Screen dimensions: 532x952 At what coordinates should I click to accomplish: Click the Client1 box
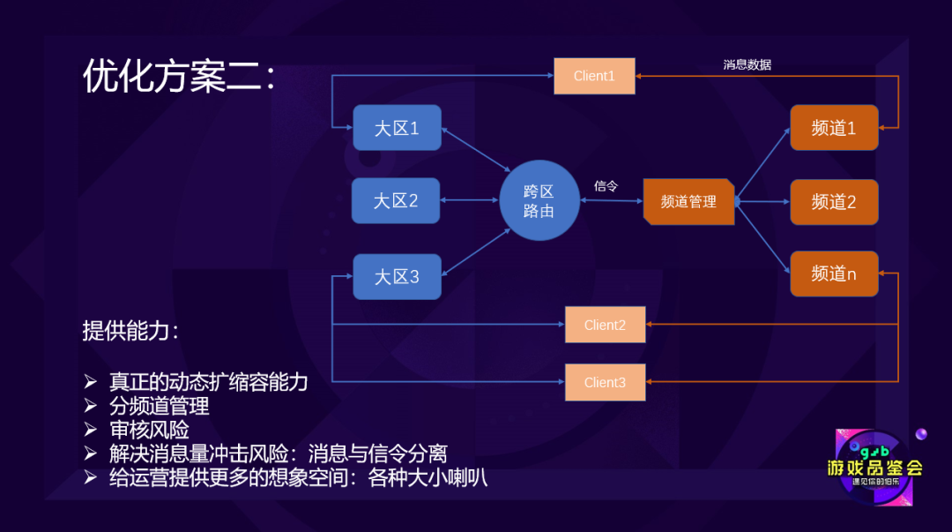point(594,76)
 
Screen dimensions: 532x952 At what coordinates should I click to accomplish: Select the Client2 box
point(605,325)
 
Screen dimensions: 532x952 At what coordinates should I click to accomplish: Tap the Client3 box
point(605,382)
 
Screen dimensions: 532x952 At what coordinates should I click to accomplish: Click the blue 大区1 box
point(397,128)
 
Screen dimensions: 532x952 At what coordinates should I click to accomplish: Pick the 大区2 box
point(396,200)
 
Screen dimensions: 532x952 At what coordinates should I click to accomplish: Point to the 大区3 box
point(397,276)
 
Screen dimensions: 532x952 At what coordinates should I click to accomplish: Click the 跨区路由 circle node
point(539,201)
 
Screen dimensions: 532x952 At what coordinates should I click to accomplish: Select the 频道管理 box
point(688,201)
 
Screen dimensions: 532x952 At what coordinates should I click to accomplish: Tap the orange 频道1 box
point(834,128)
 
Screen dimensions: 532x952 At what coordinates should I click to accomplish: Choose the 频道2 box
point(834,202)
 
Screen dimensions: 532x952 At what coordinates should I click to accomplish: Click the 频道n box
point(834,273)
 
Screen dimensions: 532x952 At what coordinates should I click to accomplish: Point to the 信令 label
point(606,186)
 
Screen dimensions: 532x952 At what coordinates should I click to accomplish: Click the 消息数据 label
point(747,64)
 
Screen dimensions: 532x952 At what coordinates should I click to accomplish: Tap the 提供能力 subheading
point(130,331)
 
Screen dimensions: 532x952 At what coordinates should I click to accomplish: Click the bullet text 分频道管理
point(159,406)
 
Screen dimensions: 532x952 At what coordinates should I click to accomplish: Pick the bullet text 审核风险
point(149,430)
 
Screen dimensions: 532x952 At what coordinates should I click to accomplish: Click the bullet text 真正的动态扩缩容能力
point(208,382)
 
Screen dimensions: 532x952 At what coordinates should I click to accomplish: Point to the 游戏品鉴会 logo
point(874,468)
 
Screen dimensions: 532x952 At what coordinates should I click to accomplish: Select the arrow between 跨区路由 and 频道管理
point(611,201)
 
